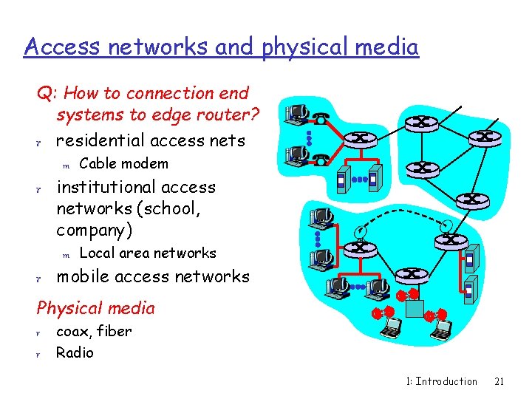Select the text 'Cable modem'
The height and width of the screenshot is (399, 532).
(x=123, y=163)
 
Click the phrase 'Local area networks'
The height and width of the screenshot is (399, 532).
(x=148, y=253)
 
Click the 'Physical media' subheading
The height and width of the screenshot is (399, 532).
(x=96, y=308)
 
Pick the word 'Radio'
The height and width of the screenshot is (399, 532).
(x=75, y=352)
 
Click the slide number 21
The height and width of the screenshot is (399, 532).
(x=499, y=381)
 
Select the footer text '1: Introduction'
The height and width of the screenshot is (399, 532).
(x=441, y=381)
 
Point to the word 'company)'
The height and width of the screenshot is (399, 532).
(x=95, y=230)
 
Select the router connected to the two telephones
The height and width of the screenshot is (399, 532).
(x=361, y=138)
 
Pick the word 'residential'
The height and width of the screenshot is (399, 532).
(x=102, y=140)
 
